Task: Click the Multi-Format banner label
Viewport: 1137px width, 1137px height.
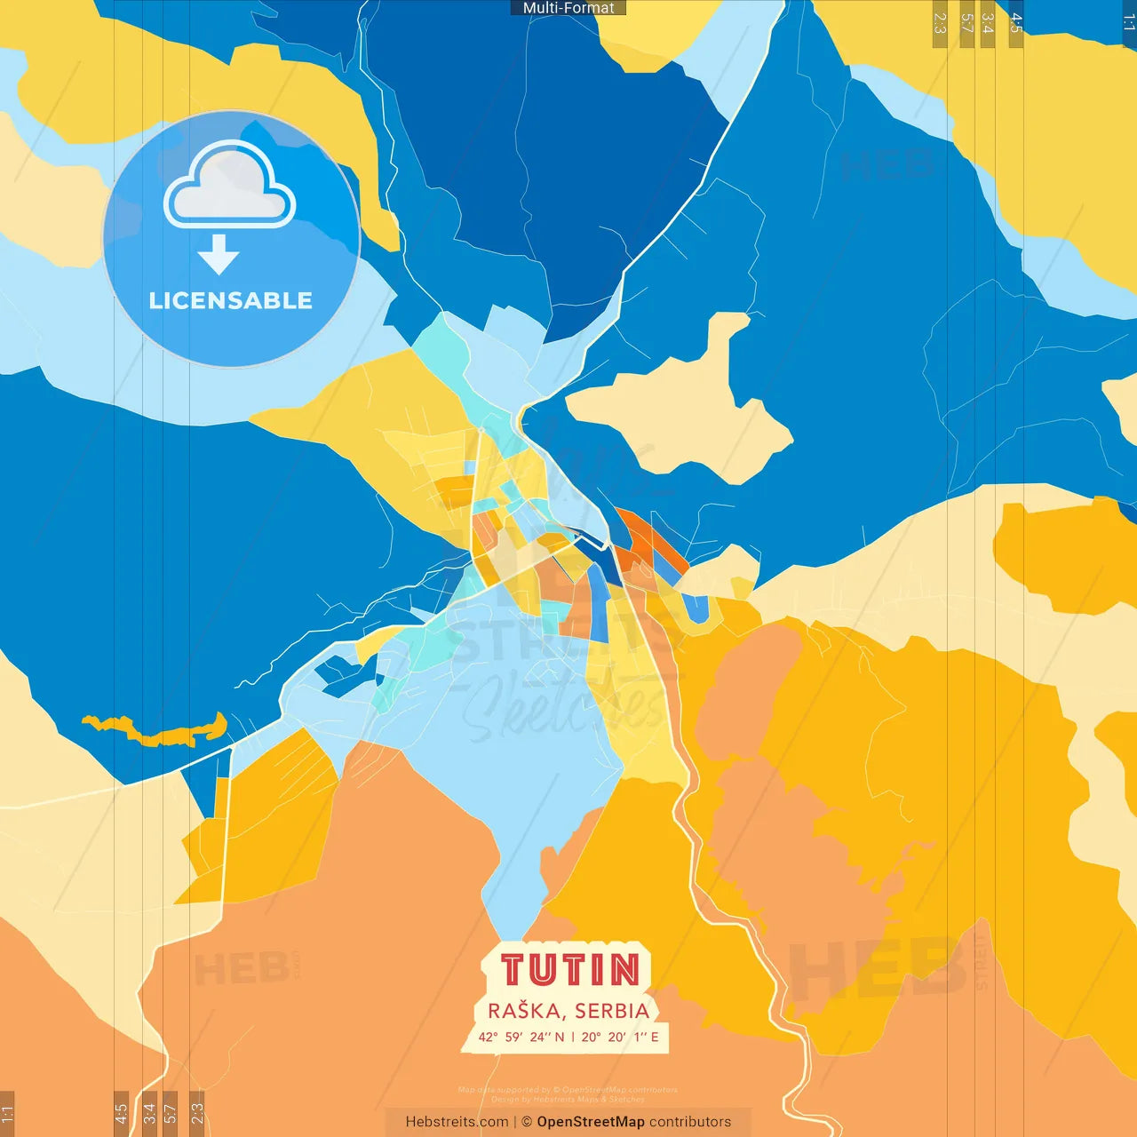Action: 568,8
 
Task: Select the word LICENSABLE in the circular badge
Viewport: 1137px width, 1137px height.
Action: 231,301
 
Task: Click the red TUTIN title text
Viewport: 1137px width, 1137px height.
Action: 569,970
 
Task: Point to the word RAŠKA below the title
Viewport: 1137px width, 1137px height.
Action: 524,1011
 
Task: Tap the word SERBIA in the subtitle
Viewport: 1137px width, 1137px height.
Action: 612,1011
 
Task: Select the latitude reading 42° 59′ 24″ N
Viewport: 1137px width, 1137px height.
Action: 521,1037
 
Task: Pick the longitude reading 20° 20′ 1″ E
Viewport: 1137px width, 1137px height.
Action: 620,1037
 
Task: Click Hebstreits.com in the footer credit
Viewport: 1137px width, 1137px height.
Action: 457,1122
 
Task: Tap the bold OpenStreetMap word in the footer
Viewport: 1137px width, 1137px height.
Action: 591,1122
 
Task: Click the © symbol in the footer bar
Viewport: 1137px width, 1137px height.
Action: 527,1122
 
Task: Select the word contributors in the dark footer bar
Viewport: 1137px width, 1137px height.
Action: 690,1122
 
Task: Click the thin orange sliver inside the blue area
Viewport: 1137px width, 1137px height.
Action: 155,732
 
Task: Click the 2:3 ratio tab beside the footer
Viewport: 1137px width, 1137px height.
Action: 197,1113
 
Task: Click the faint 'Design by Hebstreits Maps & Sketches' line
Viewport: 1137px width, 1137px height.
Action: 568,1099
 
